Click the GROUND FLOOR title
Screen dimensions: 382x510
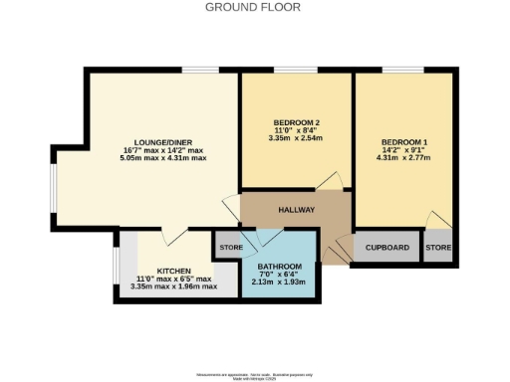pos(254,7)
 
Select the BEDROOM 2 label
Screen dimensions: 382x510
pos(297,121)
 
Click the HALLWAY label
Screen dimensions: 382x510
pos(296,210)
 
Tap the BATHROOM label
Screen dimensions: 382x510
pos(279,268)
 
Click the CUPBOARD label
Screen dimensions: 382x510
pos(386,247)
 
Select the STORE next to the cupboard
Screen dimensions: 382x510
pos(438,247)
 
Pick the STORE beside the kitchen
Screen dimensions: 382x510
pos(231,246)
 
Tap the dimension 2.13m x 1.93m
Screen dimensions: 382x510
pos(279,284)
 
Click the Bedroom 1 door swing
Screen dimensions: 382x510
pos(435,219)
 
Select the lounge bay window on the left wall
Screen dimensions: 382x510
pos(55,189)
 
